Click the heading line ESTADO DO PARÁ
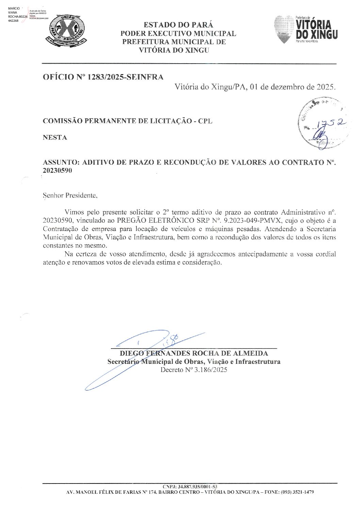[179, 25]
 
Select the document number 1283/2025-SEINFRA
[125, 77]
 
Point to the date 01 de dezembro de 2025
[292, 87]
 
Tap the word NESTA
[55, 137]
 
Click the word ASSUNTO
[59, 163]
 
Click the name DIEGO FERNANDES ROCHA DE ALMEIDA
[194, 353]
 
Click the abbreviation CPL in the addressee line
[205, 121]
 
